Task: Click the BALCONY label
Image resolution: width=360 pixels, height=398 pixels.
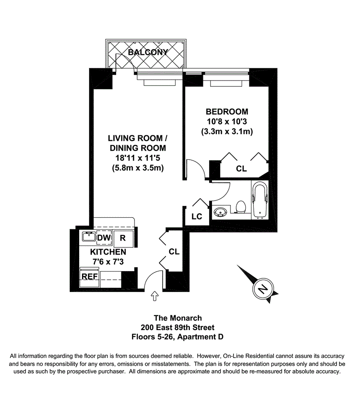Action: click(148, 52)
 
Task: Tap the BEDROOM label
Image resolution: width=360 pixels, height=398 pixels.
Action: click(227, 112)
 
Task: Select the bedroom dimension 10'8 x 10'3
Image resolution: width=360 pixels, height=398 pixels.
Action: click(227, 122)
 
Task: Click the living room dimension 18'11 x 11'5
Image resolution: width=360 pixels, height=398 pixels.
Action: click(137, 158)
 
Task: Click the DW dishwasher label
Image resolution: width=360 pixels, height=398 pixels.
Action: click(103, 237)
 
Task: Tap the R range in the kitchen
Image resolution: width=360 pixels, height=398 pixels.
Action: click(122, 238)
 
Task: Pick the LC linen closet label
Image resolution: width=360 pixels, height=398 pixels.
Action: click(197, 216)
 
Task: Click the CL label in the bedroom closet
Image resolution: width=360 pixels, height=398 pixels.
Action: click(241, 169)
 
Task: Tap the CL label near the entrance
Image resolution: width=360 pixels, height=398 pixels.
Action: click(174, 252)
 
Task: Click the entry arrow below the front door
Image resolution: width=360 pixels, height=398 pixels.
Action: click(155, 295)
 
